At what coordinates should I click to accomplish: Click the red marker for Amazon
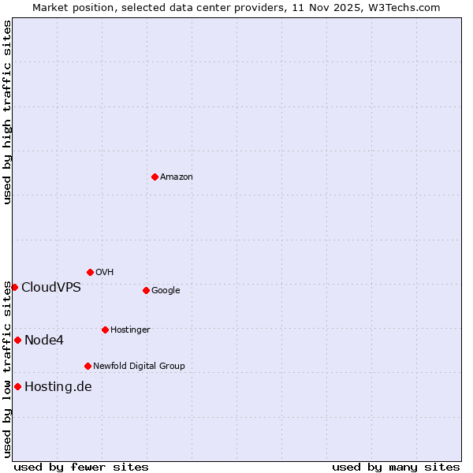pyautogui.click(x=155, y=177)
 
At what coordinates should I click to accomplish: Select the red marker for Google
pyautogui.click(x=146, y=290)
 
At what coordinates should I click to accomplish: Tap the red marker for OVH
pyautogui.click(x=90, y=272)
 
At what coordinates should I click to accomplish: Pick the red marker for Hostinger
pyautogui.click(x=105, y=330)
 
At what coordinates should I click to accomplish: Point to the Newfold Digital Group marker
pyautogui.click(x=88, y=366)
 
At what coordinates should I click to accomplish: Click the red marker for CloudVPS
pyautogui.click(x=14, y=287)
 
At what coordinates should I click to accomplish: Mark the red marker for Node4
pyautogui.click(x=17, y=340)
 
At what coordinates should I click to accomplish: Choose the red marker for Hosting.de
pyautogui.click(x=17, y=386)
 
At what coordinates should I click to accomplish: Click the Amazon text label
pyautogui.click(x=177, y=177)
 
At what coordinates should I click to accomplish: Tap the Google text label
pyautogui.click(x=166, y=291)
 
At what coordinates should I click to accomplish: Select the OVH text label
pyautogui.click(x=105, y=273)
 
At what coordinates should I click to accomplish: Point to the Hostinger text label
pyautogui.click(x=130, y=330)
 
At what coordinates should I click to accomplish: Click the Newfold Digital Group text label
pyautogui.click(x=139, y=367)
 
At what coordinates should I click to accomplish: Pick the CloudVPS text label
pyautogui.click(x=51, y=287)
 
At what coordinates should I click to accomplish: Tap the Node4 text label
pyautogui.click(x=44, y=341)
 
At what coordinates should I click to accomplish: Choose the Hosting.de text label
pyautogui.click(x=58, y=386)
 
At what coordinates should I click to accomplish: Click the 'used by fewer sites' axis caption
pyautogui.click(x=81, y=467)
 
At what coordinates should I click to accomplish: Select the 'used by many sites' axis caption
pyautogui.click(x=396, y=467)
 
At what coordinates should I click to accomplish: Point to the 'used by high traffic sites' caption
pyautogui.click(x=7, y=112)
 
